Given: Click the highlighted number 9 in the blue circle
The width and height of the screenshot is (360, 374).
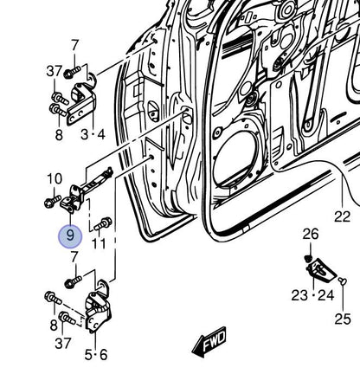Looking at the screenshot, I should [x=70, y=235].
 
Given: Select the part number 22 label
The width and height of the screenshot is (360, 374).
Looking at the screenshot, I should [x=343, y=216].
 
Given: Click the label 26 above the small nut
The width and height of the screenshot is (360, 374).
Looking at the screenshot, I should [x=311, y=235].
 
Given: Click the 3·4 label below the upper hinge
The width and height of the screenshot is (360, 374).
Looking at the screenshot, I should [x=92, y=134].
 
